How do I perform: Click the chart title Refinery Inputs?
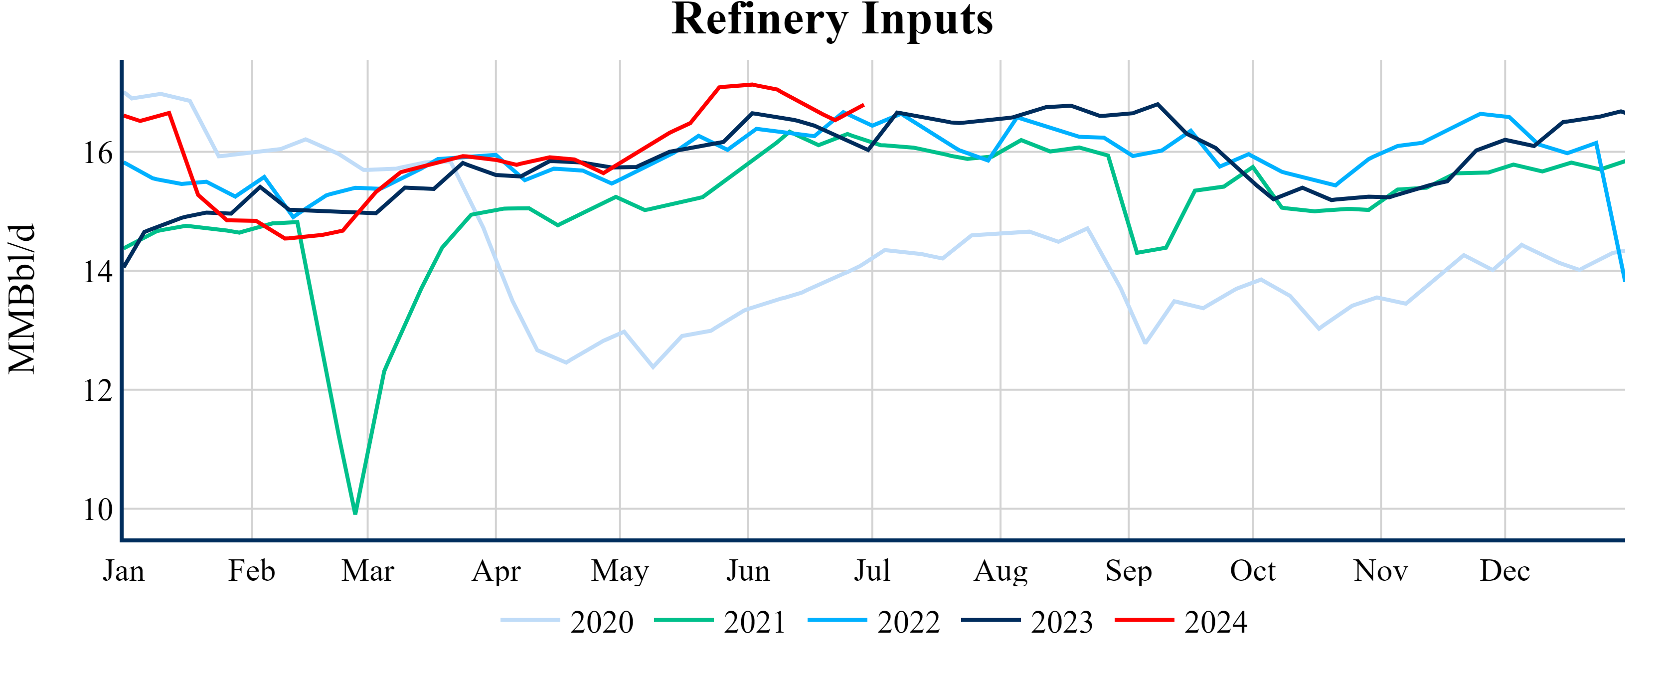(832, 19)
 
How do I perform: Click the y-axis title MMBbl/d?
(22, 299)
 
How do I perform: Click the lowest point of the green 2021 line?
(355, 513)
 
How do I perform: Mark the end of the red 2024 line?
(863, 105)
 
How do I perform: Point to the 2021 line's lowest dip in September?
(1137, 253)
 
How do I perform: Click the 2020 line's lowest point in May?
(653, 367)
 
